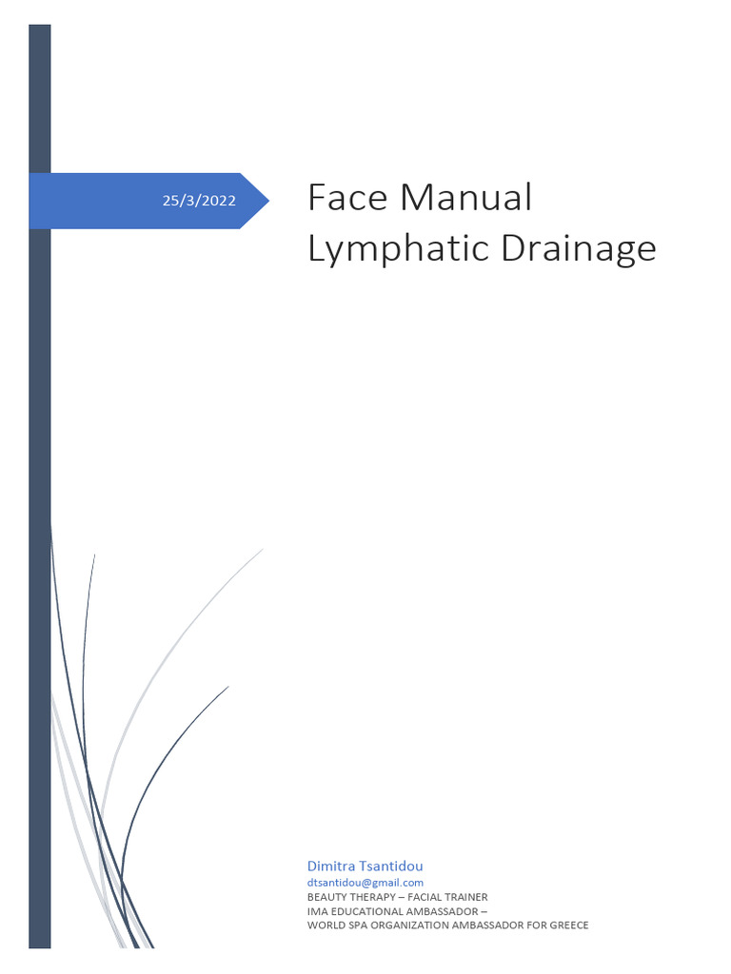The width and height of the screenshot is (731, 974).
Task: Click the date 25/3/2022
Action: click(x=199, y=201)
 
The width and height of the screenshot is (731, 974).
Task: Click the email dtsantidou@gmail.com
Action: click(x=365, y=883)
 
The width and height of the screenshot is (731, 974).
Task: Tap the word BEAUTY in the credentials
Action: click(x=326, y=897)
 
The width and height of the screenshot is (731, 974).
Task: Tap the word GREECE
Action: click(x=567, y=925)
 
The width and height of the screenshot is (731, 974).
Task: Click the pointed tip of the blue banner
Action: click(x=267, y=201)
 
